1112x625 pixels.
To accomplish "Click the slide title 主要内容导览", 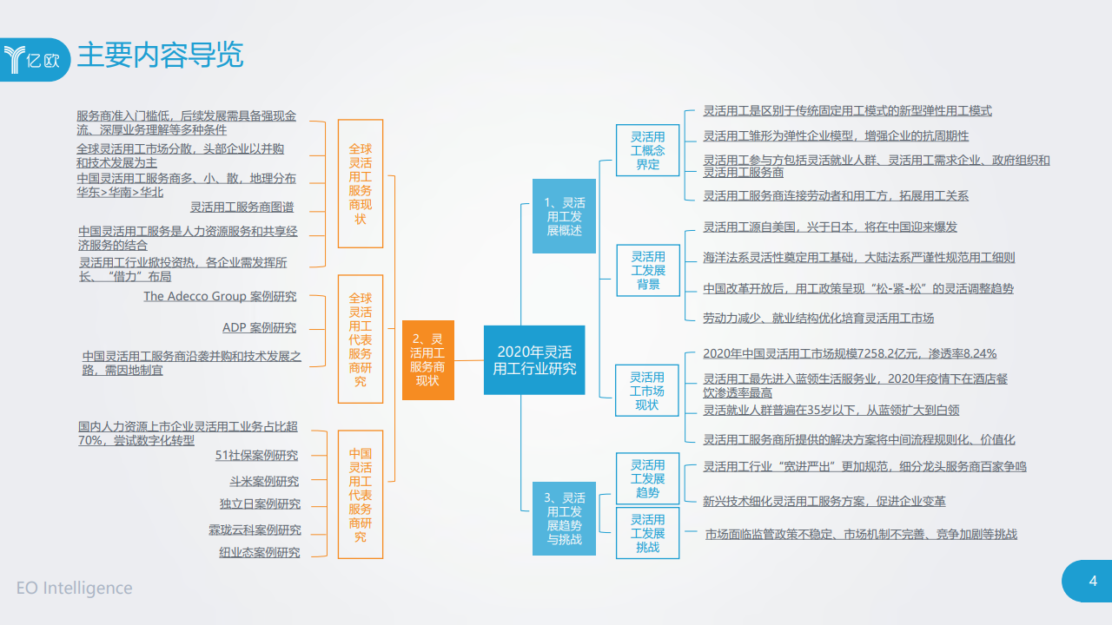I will [x=160, y=56].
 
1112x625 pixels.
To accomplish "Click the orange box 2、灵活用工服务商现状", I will [x=427, y=359].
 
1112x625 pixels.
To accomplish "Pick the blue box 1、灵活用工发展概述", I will [x=564, y=216].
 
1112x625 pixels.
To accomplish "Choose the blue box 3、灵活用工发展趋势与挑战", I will [x=564, y=518].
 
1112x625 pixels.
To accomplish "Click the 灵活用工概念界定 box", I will [x=648, y=150].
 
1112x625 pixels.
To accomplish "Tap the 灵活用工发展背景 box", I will [x=648, y=270].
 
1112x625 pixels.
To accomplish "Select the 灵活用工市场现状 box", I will [x=647, y=391].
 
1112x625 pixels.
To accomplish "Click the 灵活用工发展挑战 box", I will [x=648, y=533].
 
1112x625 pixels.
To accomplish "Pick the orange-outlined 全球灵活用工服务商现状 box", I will [x=360, y=184].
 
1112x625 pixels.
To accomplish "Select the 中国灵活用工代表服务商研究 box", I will [x=360, y=495].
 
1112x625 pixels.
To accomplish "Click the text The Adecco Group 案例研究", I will [x=220, y=296].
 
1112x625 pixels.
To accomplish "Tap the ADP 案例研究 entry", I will [x=259, y=327].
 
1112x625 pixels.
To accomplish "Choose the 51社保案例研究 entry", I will [x=256, y=455].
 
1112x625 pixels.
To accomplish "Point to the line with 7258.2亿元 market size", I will [x=850, y=353].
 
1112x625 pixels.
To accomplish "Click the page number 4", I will [x=1093, y=581].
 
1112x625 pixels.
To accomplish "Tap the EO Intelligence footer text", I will [x=75, y=588].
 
